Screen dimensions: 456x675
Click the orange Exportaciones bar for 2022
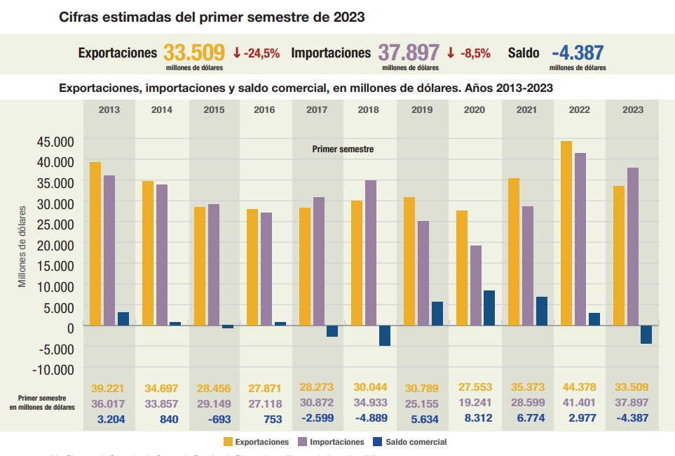[566, 234]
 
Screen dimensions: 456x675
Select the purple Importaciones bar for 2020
[476, 286]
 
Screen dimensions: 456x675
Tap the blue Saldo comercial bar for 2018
[385, 336]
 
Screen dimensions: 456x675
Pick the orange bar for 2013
[95, 244]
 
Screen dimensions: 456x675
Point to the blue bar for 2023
[646, 335]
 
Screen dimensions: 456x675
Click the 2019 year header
[422, 109]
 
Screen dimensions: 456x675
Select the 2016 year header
[264, 109]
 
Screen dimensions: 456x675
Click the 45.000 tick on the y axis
[54, 141]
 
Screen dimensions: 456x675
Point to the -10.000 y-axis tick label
[51, 368]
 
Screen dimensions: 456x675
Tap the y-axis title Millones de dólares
[22, 246]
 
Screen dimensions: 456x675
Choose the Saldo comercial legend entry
[411, 442]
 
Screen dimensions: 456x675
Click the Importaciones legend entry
[332, 442]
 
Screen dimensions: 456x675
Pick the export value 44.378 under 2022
[579, 387]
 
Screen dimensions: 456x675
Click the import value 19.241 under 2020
[475, 403]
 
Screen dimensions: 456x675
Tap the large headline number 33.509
[194, 53]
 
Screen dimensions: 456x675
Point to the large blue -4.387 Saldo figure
[578, 53]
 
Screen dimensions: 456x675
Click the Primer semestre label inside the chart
[343, 149]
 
